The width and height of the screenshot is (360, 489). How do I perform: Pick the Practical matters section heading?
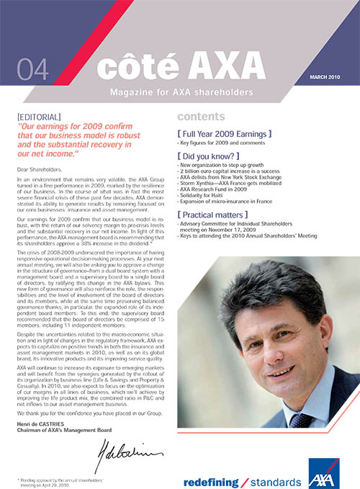221,215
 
